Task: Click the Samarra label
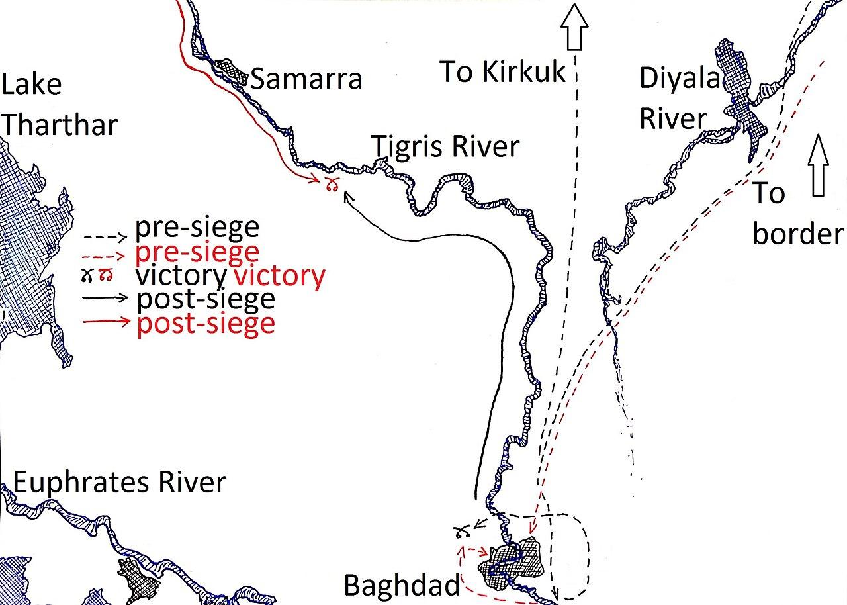306,79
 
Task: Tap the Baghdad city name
402,585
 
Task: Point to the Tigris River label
445,146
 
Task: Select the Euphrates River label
119,483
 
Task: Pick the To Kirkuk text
503,71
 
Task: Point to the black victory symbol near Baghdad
463,530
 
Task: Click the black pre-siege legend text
197,228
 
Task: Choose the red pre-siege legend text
197,252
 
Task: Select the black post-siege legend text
205,299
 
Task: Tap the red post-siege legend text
205,324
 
